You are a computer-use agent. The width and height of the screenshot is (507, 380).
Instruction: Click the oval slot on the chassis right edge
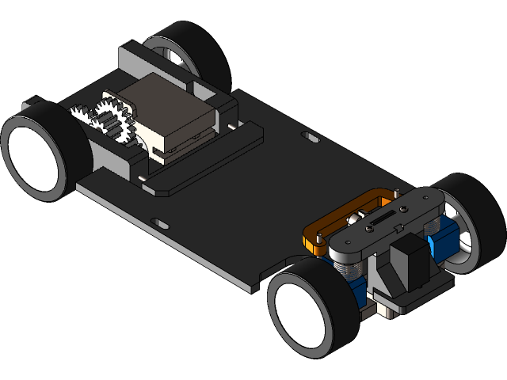(x=310, y=138)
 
